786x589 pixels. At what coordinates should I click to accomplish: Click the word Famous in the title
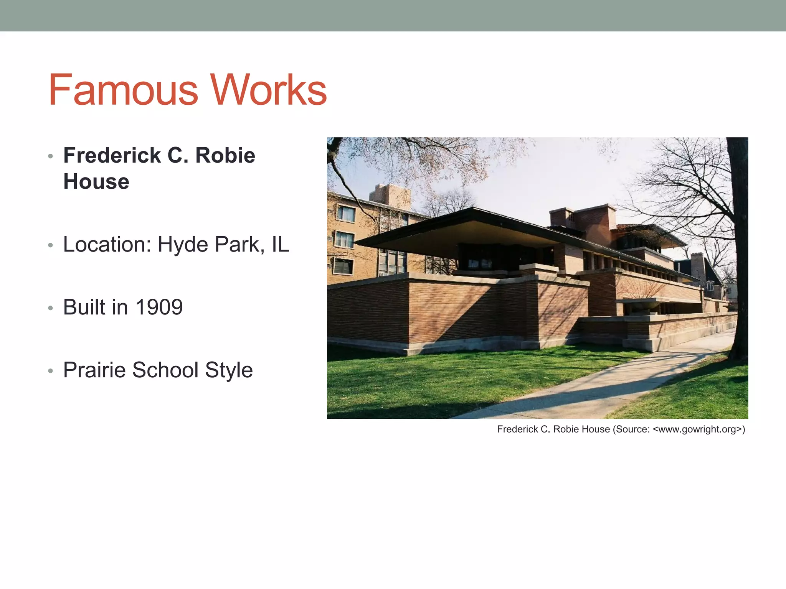(x=123, y=90)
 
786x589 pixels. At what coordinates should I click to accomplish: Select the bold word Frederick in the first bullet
(x=112, y=156)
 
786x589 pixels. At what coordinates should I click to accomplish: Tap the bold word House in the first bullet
(x=96, y=182)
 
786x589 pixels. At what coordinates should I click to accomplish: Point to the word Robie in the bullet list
(x=225, y=156)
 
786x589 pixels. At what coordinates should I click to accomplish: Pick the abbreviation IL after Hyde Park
(x=280, y=245)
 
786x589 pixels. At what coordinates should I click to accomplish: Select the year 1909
(x=159, y=308)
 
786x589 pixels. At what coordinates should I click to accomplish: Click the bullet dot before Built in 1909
(x=50, y=308)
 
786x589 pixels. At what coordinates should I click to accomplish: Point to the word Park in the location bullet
(x=237, y=245)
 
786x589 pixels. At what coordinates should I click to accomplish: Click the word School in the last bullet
(x=165, y=370)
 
